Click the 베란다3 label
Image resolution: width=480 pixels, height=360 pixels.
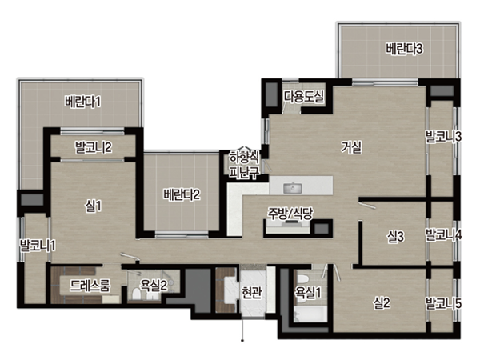click(x=404, y=49)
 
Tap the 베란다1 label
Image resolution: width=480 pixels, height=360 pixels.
click(x=82, y=102)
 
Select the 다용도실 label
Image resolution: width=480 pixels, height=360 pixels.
click(x=304, y=97)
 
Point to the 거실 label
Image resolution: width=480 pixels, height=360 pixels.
click(x=352, y=147)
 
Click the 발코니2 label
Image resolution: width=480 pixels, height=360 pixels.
click(x=94, y=147)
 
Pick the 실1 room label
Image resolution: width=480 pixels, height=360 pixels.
click(x=93, y=206)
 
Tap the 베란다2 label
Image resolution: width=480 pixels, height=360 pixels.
click(x=182, y=194)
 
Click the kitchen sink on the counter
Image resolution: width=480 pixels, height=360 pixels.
click(x=292, y=188)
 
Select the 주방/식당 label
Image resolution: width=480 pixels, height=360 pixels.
click(x=290, y=214)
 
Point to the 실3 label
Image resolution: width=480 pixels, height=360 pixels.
click(x=395, y=237)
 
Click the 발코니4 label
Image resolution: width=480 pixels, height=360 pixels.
click(x=443, y=235)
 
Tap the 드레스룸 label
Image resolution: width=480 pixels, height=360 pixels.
click(x=90, y=286)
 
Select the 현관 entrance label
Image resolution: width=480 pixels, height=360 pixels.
click(x=252, y=293)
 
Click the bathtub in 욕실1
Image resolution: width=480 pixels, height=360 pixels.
click(x=310, y=314)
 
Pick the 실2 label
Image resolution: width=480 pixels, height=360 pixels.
click(x=382, y=303)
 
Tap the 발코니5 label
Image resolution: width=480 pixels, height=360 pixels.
click(x=443, y=303)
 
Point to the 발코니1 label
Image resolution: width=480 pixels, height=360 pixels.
click(x=38, y=246)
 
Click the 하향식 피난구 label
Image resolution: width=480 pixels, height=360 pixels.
click(x=245, y=166)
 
